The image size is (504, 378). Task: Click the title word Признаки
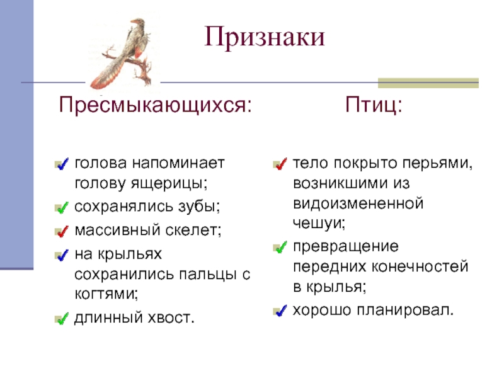point(265,37)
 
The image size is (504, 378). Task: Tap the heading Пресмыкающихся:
point(155,105)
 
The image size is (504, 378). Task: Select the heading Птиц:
point(374,105)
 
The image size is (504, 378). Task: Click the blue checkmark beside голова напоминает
point(62,164)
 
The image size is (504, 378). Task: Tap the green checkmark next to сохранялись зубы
point(62,207)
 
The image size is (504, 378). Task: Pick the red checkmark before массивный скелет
point(62,231)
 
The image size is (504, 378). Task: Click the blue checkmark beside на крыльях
point(62,255)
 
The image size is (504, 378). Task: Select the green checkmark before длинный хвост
point(62,319)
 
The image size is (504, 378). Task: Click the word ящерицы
point(169,184)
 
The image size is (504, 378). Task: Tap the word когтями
point(106,294)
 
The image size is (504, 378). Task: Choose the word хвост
point(171,318)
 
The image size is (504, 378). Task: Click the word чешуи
point(319,223)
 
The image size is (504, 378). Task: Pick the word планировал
point(405,310)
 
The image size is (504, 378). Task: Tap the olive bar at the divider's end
point(428,83)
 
